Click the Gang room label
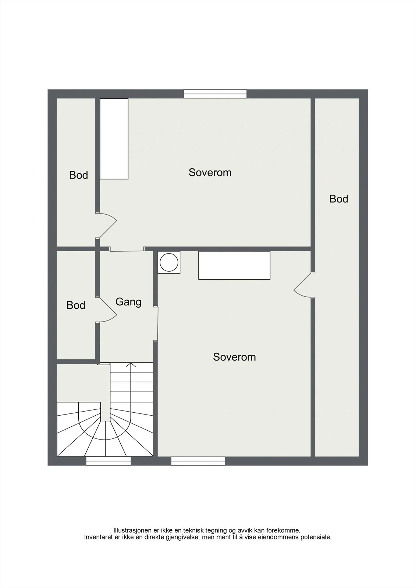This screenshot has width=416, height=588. (x=128, y=302)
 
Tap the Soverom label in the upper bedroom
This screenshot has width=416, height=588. (x=210, y=172)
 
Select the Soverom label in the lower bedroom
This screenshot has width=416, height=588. (x=234, y=357)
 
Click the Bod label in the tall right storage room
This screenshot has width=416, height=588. (x=339, y=199)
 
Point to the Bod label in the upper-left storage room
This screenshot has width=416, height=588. (x=78, y=175)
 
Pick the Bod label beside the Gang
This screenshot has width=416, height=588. (x=76, y=305)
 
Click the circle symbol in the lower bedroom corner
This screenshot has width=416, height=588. (x=169, y=262)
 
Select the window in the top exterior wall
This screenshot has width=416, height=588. (x=215, y=94)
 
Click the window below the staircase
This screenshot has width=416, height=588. (x=109, y=461)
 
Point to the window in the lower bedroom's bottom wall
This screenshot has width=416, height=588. (x=198, y=461)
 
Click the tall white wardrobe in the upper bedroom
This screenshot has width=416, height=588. (x=114, y=139)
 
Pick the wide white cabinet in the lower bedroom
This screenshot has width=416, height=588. (x=234, y=265)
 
